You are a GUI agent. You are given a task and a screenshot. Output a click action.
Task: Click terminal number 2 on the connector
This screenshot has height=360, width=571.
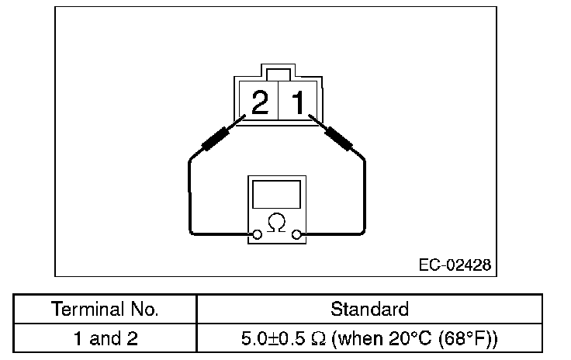tap(260, 102)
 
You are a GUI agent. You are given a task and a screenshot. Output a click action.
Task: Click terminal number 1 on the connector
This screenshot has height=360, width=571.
tap(298, 102)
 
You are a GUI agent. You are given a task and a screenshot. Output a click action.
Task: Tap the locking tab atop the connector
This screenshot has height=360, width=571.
tap(278, 74)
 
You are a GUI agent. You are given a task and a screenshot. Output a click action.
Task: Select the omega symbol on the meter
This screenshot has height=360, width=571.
tap(275, 223)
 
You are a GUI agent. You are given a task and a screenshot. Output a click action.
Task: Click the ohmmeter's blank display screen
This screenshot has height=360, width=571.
tap(276, 193)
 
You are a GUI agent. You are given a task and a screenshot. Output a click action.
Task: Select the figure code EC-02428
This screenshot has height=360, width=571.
tap(454, 265)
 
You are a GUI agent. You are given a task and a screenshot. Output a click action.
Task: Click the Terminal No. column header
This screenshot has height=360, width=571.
tap(105, 310)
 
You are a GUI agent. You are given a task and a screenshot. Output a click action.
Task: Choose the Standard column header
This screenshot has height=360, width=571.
tap(369, 310)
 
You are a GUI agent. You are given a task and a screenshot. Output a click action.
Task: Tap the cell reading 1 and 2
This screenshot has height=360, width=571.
tap(105, 338)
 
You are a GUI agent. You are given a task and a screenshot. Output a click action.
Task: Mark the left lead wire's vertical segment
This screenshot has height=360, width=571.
tap(189, 194)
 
